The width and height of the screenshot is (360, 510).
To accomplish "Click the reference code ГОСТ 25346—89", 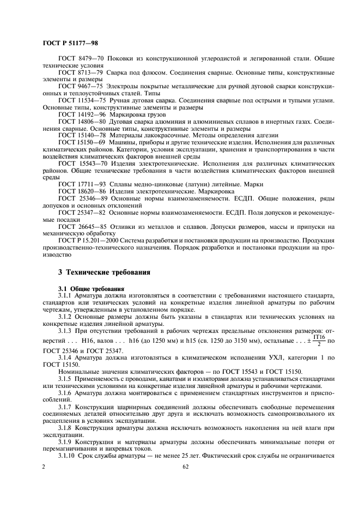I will (x=84, y=199).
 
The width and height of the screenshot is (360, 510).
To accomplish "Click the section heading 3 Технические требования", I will (x=101, y=272).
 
